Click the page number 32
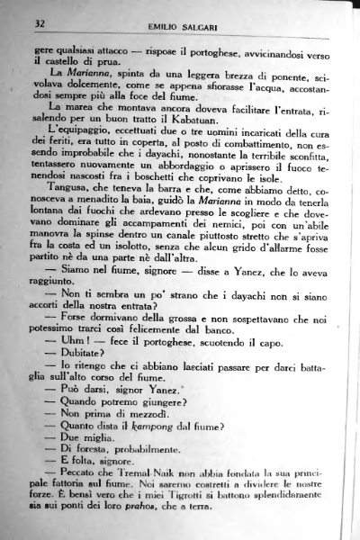(x=40, y=22)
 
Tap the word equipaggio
(x=82, y=130)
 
